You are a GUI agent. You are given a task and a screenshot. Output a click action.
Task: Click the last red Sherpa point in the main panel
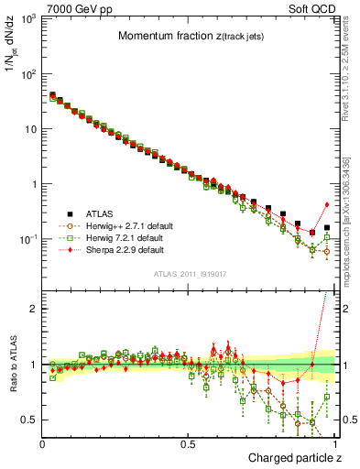pyautogui.click(x=327, y=204)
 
